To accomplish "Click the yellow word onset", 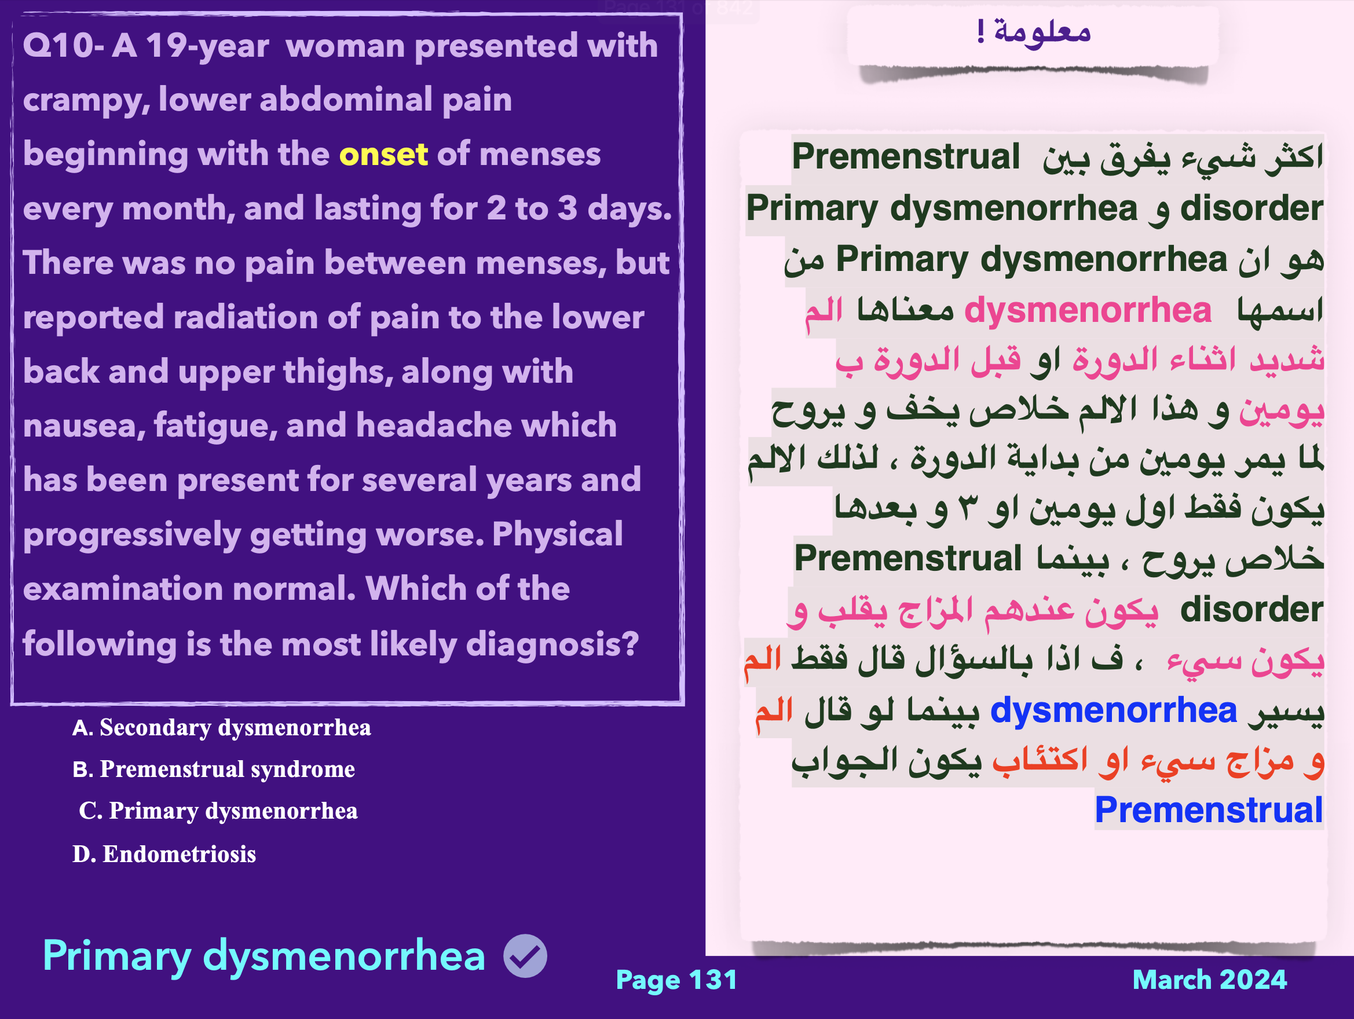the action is pyautogui.click(x=383, y=154).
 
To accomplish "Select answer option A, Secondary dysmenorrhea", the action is pyautogui.click(x=222, y=728).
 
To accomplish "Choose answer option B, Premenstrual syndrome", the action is pyautogui.click(x=214, y=769).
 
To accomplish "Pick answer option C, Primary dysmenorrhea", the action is pyautogui.click(x=218, y=811).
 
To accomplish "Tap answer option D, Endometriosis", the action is pyautogui.click(x=164, y=854).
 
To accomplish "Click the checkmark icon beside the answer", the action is pyautogui.click(x=525, y=956).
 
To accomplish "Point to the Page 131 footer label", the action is pyautogui.click(x=676, y=980).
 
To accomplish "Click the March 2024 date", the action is pyautogui.click(x=1210, y=980).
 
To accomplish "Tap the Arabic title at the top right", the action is pyautogui.click(x=1034, y=31).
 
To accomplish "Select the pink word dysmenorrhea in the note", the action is pyautogui.click(x=1088, y=310).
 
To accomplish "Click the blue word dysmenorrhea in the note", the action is pyautogui.click(x=1114, y=710).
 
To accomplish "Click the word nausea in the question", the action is pyautogui.click(x=85, y=426).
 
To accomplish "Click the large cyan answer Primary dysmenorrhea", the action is pyautogui.click(x=264, y=956).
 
